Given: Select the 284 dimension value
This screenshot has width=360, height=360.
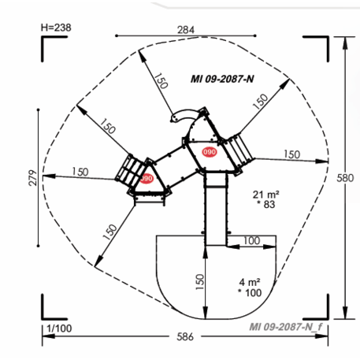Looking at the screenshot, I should [185, 30].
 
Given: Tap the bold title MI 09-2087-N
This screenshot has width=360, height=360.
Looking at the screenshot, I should [221, 79].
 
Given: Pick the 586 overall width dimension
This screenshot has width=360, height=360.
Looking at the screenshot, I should [185, 337].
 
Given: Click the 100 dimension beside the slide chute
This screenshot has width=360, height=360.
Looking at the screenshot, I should [252, 240].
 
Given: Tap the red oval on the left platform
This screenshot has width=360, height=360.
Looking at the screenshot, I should [147, 179].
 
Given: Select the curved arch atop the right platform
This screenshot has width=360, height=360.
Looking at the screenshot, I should [183, 115].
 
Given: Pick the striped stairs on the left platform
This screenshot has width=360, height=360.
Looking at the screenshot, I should [128, 168].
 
